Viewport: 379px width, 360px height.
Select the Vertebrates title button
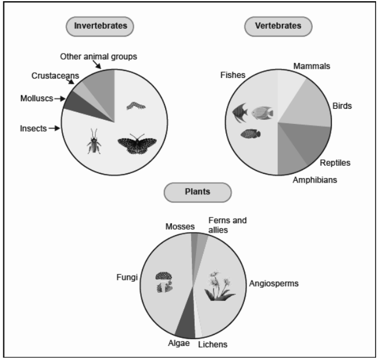(278, 26)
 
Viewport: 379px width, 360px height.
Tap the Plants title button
(198, 191)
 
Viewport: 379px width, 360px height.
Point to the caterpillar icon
(135, 105)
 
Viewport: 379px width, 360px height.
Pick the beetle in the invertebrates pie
(94, 142)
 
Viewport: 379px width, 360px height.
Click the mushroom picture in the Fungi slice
(163, 281)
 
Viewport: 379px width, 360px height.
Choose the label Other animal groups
(99, 56)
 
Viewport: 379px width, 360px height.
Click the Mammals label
(312, 66)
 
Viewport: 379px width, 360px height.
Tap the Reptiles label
(335, 162)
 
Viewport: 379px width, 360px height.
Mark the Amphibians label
(314, 180)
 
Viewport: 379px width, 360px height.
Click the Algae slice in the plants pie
(184, 326)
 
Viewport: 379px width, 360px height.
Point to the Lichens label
(213, 344)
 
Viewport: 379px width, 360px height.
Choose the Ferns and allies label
(227, 225)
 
